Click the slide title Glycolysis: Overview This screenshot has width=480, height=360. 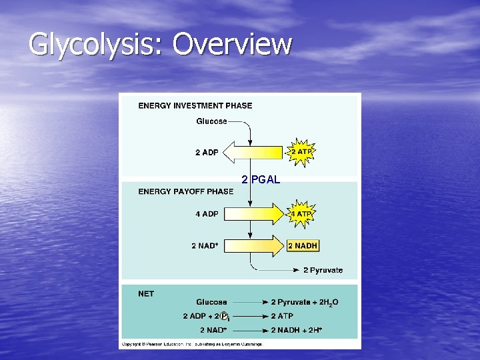160,45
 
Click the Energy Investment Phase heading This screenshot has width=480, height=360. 195,105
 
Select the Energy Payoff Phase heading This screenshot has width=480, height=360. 185,191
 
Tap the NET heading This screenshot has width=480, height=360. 146,293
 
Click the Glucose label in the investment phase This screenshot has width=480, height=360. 211,121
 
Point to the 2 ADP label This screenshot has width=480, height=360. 207,153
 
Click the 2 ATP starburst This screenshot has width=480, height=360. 301,152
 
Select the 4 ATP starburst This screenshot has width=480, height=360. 301,214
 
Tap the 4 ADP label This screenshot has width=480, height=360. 207,214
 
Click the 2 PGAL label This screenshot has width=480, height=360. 261,179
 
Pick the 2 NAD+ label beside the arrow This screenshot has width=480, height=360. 205,246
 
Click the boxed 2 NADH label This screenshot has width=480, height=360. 303,246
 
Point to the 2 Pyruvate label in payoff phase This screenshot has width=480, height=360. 323,270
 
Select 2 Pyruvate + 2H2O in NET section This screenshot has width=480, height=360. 304,303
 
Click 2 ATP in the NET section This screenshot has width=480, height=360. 281,316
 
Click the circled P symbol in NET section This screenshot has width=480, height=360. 225,317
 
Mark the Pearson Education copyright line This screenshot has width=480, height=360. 192,344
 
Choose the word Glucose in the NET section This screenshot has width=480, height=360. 211,303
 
